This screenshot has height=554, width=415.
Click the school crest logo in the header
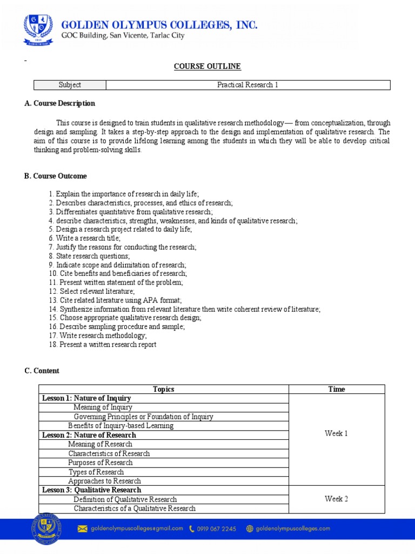pos(38,30)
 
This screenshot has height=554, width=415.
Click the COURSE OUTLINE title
pos(207,66)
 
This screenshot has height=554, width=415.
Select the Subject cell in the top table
pos(70,85)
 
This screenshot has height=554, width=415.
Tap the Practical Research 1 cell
pos(247,85)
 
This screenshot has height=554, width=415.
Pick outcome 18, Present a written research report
pos(102,345)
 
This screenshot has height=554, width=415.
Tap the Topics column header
pos(163,389)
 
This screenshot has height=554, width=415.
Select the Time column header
pos(336,389)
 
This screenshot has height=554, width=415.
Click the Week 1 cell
pos(336,433)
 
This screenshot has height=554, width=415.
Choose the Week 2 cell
pos(336,499)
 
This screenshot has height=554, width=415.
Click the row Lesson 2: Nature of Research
pos(89,435)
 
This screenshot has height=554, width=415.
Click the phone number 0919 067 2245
pos(216,529)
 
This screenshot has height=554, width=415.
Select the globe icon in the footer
pos(249,529)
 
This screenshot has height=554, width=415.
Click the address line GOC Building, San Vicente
pos(122,36)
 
